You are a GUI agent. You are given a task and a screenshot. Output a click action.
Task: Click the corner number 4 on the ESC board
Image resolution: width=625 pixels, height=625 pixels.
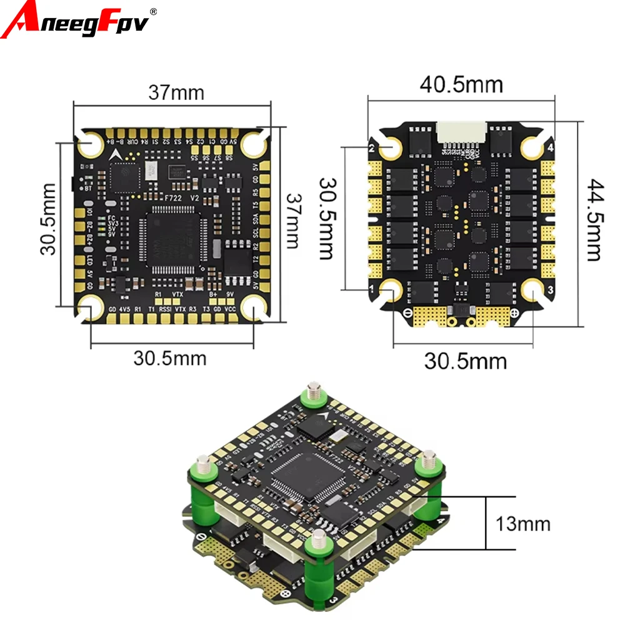click(551, 148)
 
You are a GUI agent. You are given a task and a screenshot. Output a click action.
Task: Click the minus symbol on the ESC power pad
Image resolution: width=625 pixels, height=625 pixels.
click(408, 312)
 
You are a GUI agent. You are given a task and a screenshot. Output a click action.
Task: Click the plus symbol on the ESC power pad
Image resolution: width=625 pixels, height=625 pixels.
click(514, 312)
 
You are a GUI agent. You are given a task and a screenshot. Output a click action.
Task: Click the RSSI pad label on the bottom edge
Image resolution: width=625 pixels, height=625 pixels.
click(164, 309)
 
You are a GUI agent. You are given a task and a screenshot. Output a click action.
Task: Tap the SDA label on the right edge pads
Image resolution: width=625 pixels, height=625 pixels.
click(255, 221)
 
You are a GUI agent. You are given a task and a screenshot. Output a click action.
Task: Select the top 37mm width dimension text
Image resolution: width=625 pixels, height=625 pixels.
click(176, 92)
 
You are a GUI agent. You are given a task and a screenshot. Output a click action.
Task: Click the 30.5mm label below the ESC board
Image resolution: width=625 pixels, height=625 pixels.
click(466, 361)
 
